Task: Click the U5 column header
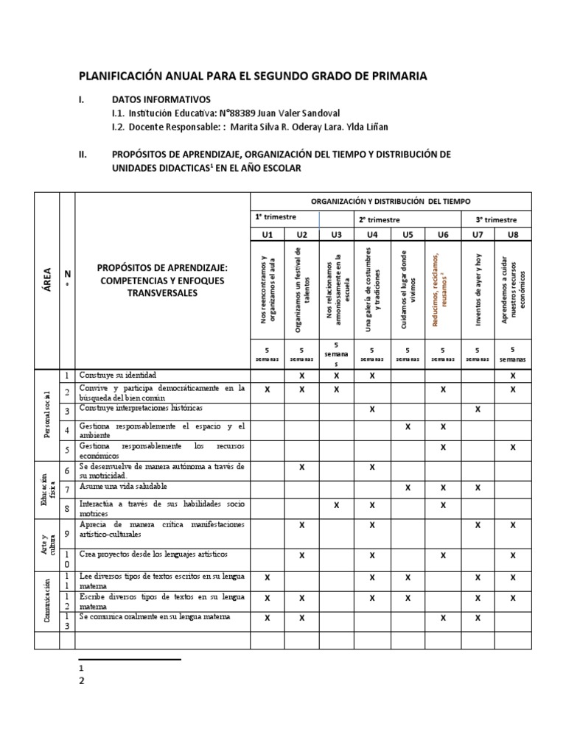[x=408, y=235]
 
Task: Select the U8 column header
[x=513, y=235]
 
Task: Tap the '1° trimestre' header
[x=276, y=219]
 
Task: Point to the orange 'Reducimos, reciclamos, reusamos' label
[x=442, y=288]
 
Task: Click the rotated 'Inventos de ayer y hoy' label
[x=478, y=288]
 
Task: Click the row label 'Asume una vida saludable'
[x=124, y=486]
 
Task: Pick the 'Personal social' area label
[x=46, y=415]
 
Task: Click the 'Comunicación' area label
[x=46, y=601]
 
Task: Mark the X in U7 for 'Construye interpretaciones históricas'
[x=478, y=409]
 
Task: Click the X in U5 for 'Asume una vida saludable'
[x=408, y=487]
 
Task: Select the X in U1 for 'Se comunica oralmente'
[x=267, y=619]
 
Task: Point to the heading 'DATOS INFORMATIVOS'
[x=161, y=99]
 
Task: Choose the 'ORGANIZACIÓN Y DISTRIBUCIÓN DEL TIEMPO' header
[x=390, y=201]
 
